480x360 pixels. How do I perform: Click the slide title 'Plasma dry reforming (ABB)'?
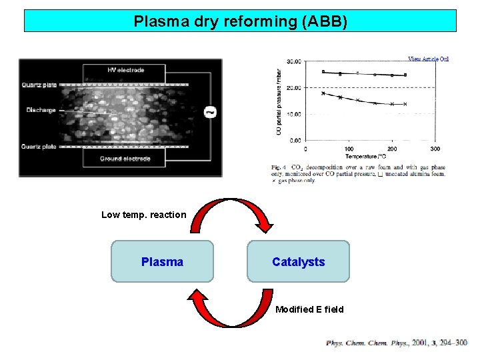click(240, 21)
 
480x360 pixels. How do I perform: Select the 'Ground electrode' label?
click(124, 159)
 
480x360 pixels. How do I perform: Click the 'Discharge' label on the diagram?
click(41, 110)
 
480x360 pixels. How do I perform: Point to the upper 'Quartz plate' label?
click(39, 85)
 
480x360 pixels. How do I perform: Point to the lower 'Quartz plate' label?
click(39, 147)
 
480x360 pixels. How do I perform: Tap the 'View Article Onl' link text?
click(428, 59)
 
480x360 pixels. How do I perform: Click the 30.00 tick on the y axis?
click(294, 61)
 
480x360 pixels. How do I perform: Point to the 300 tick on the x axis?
click(435, 148)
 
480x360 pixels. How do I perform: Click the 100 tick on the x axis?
click(349, 148)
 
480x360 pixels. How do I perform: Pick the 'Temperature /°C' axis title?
click(371, 155)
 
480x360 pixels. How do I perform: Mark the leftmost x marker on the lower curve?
click(323, 93)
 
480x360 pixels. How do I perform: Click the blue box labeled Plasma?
click(162, 262)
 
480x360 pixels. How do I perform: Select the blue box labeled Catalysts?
click(298, 262)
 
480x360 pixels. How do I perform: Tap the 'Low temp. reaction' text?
click(143, 215)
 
